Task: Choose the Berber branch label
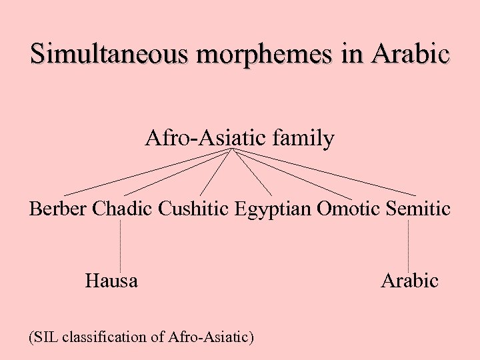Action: (x=58, y=209)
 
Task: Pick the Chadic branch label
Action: (x=123, y=209)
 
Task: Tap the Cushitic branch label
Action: (x=194, y=209)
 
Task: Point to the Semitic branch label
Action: (x=418, y=209)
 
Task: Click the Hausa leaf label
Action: (x=111, y=281)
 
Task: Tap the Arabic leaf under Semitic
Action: (x=409, y=281)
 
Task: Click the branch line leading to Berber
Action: (x=147, y=171)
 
